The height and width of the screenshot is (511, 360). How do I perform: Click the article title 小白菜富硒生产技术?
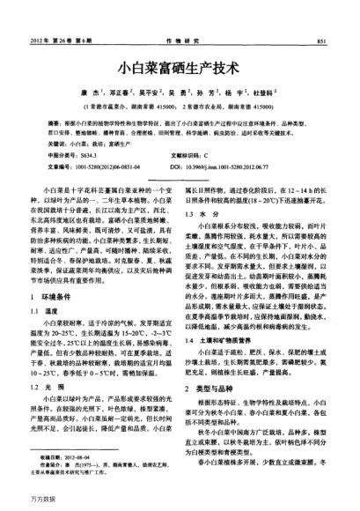[x=180, y=65]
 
